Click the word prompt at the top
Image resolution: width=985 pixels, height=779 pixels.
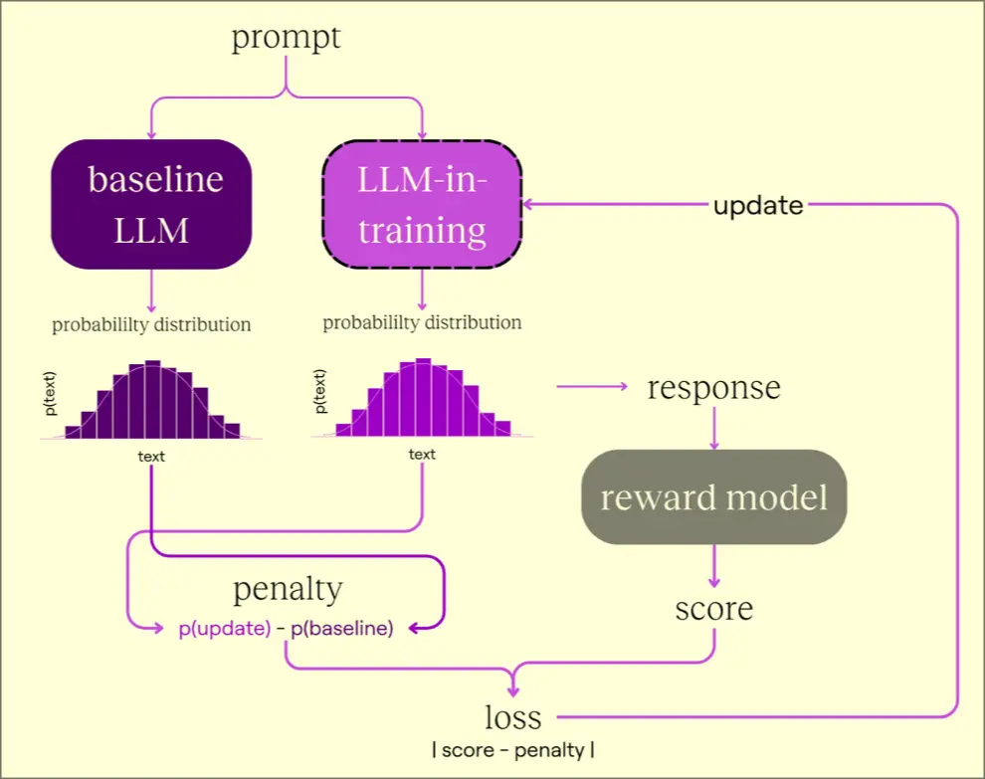coord(286,38)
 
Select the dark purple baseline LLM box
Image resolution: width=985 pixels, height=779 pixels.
coord(151,204)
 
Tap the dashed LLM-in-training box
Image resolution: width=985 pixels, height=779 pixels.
coord(422,204)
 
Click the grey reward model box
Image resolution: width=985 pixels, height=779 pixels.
coord(714,496)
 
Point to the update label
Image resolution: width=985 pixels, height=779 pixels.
coord(758,205)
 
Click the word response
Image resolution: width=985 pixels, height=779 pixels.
coord(714,387)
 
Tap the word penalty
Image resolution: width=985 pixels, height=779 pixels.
coord(288,589)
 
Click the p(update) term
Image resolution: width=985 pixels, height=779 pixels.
coord(225,628)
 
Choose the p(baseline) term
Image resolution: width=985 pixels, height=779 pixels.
coord(341,628)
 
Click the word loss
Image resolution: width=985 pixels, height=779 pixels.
coord(513,716)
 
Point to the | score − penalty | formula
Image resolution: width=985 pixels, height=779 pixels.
coord(513,750)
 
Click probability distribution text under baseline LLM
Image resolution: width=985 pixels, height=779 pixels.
coord(151,324)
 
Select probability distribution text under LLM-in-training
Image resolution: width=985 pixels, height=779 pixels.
coord(422,323)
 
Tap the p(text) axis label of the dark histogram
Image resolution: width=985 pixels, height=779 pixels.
coord(50,394)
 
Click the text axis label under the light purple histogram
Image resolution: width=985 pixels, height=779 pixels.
coord(422,455)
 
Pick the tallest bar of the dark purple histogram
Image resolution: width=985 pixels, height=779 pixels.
coord(152,399)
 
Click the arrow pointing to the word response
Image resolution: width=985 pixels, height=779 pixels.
coord(592,386)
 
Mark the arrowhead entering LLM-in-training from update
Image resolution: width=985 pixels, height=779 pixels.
coord(528,204)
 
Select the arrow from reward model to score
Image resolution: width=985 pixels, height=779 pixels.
coord(713,566)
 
